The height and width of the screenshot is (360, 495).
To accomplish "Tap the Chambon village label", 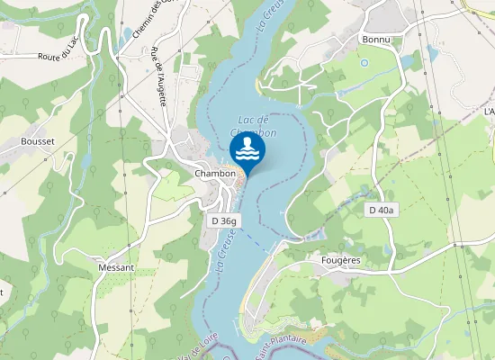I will (215, 174).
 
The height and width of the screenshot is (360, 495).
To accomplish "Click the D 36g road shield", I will (224, 220).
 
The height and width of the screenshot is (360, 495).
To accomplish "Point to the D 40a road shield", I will (382, 210).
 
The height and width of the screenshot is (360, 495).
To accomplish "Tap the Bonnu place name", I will (374, 40).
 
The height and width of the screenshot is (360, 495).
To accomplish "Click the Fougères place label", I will (340, 260).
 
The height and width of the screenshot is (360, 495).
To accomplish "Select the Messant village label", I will (116, 267).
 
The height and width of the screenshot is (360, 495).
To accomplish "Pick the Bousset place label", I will (37, 142).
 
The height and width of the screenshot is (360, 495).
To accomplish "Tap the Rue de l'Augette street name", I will (159, 76).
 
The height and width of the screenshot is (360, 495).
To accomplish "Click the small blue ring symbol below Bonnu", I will (364, 63).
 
